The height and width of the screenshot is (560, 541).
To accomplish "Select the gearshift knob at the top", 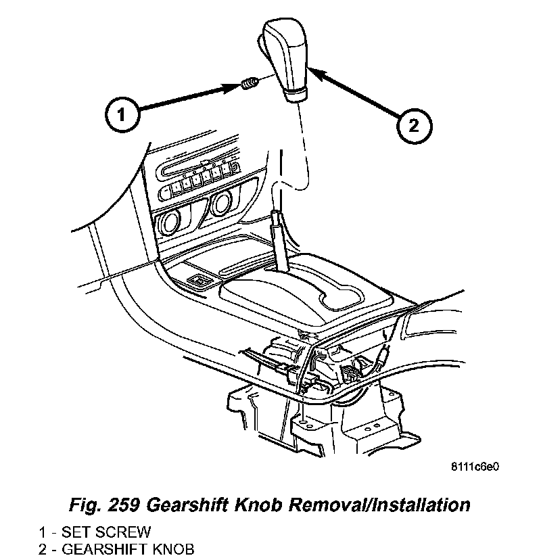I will pos(287,54).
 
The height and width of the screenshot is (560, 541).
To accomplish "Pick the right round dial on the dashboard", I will pos(221,203).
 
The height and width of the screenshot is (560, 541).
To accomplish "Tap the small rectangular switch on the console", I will pos(199,279).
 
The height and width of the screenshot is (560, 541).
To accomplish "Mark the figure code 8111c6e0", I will pos(475,467).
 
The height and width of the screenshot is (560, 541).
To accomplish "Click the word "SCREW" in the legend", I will pos(128,532).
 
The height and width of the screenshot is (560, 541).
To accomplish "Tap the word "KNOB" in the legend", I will pos(171,548).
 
